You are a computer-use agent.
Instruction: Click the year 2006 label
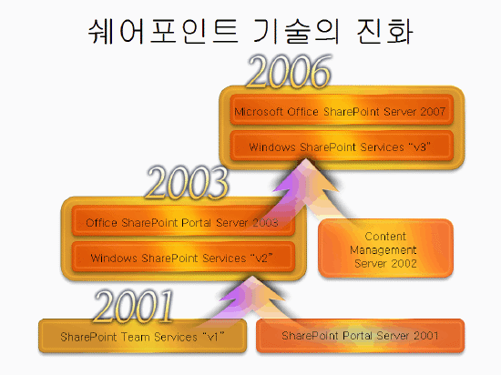pos(289,72)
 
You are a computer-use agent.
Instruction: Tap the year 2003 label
pos(188,183)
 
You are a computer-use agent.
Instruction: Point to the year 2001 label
pos(134,307)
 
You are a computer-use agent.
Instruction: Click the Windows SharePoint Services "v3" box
pos(342,146)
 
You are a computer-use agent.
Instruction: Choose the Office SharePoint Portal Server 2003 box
pos(183,221)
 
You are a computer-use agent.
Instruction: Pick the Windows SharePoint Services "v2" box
pos(183,257)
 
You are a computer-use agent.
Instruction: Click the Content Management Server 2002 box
pos(385,248)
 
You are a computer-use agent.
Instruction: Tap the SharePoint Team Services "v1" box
pos(142,336)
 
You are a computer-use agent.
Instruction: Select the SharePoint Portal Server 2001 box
pos(360,336)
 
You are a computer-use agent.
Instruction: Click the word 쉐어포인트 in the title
pos(163,31)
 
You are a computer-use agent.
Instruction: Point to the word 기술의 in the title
pos(296,31)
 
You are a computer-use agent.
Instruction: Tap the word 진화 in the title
pos(384,31)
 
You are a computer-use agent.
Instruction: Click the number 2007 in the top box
pos(433,112)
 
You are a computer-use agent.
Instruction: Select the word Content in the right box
pos(385,237)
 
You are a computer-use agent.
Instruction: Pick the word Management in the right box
pos(383,250)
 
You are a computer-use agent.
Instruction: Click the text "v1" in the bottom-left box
pos(213,337)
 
